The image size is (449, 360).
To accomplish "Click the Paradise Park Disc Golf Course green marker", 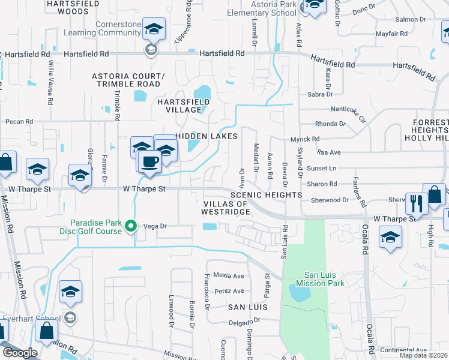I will [x=131, y=226].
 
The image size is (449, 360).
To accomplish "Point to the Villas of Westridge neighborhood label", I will [x=225, y=208].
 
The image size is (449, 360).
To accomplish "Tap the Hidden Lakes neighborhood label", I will [x=203, y=137].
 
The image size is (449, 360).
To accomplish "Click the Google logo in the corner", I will [x=20, y=353].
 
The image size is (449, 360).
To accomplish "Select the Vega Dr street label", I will [x=154, y=226].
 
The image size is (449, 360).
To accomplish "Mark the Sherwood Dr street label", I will [x=329, y=200].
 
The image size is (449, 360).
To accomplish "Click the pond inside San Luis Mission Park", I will [x=298, y=293].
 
